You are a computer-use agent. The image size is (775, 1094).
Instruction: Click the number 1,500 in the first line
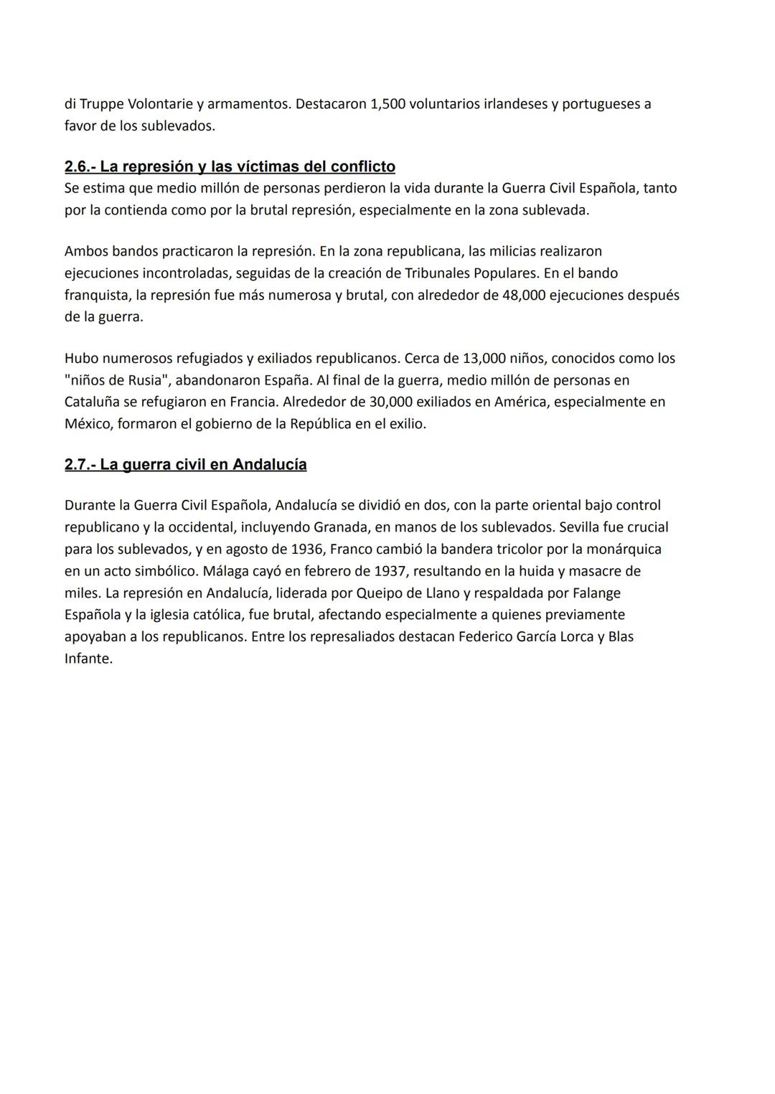coord(387,104)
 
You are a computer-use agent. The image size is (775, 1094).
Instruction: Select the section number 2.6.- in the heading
coord(80,166)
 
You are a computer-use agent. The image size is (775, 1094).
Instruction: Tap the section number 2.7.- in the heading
coord(80,465)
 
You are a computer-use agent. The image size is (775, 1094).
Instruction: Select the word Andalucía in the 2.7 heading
coord(270,465)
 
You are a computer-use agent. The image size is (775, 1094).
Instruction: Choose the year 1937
coord(391,571)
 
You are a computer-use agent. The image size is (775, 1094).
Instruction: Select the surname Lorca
coord(571,636)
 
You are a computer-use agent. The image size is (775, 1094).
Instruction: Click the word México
coord(88,424)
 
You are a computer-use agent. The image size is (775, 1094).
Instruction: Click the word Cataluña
coord(93,402)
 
